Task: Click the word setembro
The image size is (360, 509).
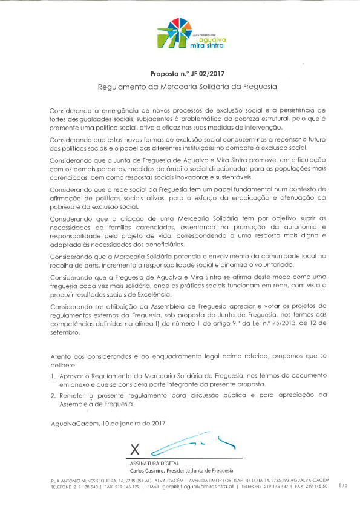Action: (65, 333)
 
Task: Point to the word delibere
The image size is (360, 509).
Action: (64, 366)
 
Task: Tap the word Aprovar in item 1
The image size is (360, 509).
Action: (73, 376)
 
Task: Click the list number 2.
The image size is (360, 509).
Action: (53, 395)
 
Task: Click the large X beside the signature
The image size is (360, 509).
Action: (135, 448)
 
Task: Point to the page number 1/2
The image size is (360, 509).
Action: (343, 485)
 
